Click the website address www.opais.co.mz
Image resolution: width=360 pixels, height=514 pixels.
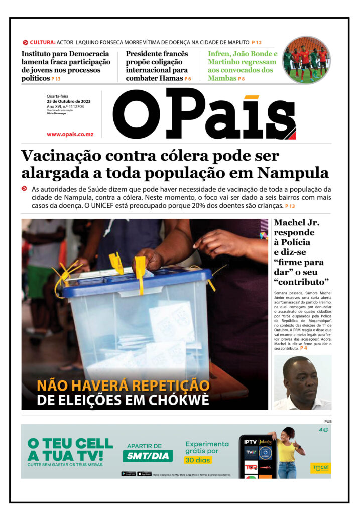[x=70, y=134]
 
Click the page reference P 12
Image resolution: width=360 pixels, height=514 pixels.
[x=257, y=42]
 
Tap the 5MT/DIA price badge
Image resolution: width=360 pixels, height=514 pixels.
[x=148, y=456]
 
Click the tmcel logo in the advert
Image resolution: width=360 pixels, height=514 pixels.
[x=320, y=467]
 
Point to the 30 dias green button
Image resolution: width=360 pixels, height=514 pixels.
[x=197, y=460]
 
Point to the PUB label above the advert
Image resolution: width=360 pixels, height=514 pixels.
[x=327, y=421]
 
